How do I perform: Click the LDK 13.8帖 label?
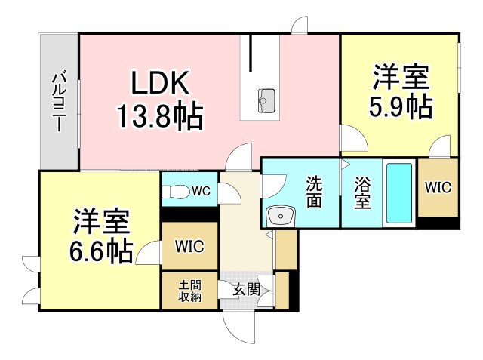tap(160, 100)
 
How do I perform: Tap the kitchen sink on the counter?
tap(266, 100)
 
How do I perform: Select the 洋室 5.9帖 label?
tap(401, 91)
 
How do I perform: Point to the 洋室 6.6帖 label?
tap(101, 235)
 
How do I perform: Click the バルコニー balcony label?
tap(59, 101)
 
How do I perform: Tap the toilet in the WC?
tap(176, 192)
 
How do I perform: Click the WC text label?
tap(202, 191)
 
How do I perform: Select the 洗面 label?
tap(314, 192)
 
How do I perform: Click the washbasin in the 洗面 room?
tap(281, 216)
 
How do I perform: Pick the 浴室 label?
tap(362, 193)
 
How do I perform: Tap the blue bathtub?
tap(399, 193)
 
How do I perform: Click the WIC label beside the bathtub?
tap(438, 187)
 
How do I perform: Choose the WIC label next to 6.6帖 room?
tap(189, 246)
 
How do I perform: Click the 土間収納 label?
tap(190, 291)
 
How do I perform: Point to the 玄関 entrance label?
tap(246, 290)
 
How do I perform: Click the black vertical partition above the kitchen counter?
tap(251, 52)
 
